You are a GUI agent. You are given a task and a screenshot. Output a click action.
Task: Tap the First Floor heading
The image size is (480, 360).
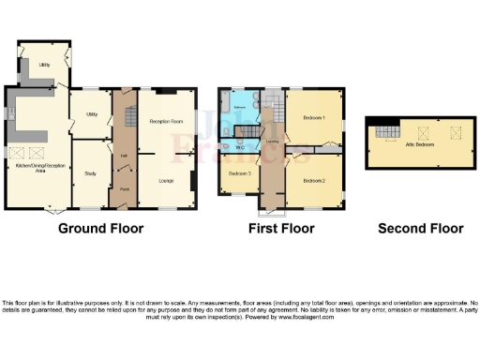[x=280, y=228]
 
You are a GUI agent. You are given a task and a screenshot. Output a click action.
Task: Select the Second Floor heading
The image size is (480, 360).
[x=420, y=228]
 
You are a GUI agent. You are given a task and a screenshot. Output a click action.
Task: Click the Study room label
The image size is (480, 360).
[x=91, y=173]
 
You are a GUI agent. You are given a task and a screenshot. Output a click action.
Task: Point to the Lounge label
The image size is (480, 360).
[x=166, y=180]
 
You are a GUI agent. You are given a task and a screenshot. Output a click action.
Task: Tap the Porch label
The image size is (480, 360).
[x=124, y=189]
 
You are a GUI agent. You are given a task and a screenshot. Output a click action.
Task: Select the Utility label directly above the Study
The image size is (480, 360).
[x=92, y=113]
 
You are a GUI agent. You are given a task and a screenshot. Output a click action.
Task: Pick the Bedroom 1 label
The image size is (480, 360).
[x=313, y=118]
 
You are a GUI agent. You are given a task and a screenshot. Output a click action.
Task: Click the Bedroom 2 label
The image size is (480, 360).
[x=314, y=180]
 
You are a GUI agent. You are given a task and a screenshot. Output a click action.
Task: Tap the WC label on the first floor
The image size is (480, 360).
[x=240, y=147]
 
